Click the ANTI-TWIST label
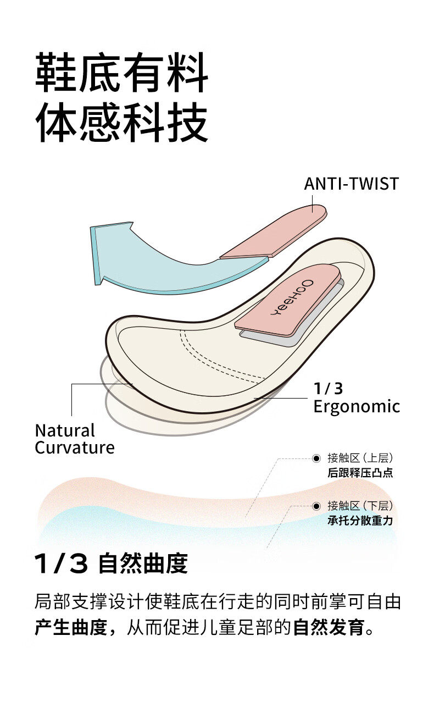352,184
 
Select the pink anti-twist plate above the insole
273,231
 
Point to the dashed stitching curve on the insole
216,361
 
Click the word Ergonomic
357,407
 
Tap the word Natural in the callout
65,430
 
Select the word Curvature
75,447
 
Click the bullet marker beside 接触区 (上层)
316,458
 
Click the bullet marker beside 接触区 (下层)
316,506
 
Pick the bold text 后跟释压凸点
360,473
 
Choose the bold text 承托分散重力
360,521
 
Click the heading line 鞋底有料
122,73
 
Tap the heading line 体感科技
122,123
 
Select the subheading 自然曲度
143,564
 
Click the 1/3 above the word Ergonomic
328,389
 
